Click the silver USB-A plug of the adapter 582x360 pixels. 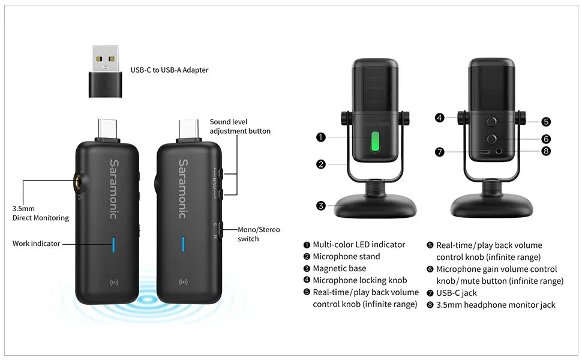click(106, 58)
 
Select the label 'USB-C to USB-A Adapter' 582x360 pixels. click(169, 70)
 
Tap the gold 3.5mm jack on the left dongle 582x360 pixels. click(79, 183)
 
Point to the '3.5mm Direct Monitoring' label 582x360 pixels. click(40, 213)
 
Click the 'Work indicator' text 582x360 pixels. click(37, 244)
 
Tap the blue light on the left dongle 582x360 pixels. click(113, 244)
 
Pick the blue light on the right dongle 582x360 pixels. click(183, 244)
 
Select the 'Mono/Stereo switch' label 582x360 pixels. click(259, 234)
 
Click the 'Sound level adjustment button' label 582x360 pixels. click(240, 126)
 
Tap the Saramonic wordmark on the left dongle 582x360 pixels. click(114, 189)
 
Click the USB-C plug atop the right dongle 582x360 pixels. click(189, 129)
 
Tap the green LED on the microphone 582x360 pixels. click(375, 142)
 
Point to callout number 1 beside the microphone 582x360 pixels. click(320, 137)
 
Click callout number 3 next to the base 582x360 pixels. click(320, 206)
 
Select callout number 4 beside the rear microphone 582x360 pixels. click(439, 118)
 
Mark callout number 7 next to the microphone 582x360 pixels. click(439, 152)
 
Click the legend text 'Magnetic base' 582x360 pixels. click(339, 268)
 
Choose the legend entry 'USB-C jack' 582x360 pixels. click(456, 293)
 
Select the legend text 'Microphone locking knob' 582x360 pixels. click(359, 280)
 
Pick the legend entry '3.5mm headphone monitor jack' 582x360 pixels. click(496, 305)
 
